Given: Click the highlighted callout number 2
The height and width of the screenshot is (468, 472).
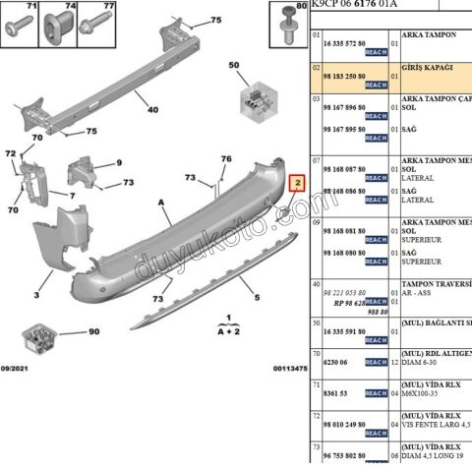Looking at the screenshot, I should point(296,183).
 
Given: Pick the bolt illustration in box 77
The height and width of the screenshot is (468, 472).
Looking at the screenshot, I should point(97,26).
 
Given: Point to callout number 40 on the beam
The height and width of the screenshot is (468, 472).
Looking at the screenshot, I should point(152,110).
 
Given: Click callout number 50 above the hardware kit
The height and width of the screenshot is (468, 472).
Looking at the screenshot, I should point(234,65).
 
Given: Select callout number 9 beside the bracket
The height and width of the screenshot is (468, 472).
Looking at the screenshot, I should point(119,163).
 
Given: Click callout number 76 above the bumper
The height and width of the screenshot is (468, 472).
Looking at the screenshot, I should point(225,159).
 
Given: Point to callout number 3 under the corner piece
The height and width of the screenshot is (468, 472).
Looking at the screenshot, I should point(36,295).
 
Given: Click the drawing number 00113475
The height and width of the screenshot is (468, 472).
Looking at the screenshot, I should point(290,369).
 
